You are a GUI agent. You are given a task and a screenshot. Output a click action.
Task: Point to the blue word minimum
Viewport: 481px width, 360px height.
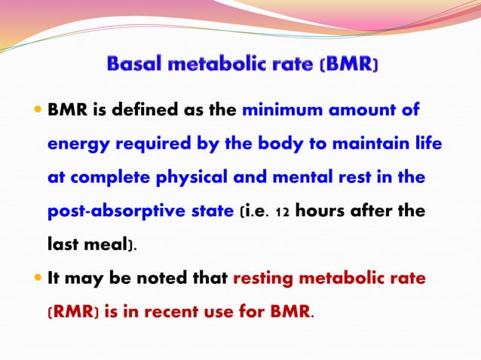275,111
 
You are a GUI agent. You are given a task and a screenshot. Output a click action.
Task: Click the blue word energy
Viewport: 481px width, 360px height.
74,145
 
